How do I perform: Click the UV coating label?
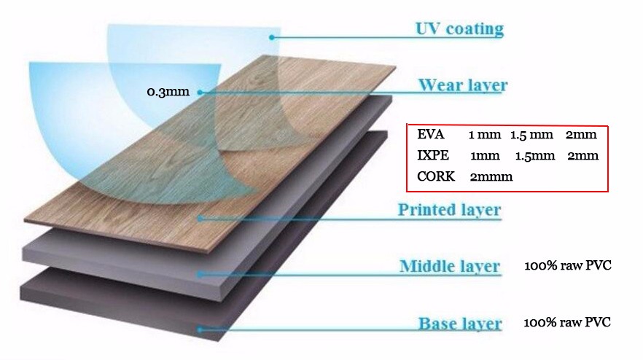pyautogui.click(x=460, y=29)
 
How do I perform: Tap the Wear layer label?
pyautogui.click(x=463, y=85)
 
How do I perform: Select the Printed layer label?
pyautogui.click(x=449, y=210)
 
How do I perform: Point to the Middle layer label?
pyautogui.click(x=450, y=266)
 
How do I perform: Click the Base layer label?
pyautogui.click(x=460, y=324)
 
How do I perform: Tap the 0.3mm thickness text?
pyautogui.click(x=168, y=91)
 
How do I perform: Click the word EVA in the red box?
pyautogui.click(x=431, y=134)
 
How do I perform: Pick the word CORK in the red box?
pyautogui.click(x=436, y=176)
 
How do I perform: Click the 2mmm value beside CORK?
pyautogui.click(x=491, y=176)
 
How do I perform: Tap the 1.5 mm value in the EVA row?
pyautogui.click(x=531, y=135)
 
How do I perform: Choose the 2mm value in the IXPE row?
pyautogui.click(x=582, y=156)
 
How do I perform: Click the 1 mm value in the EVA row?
pyautogui.click(x=485, y=135)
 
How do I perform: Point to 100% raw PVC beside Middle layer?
pyautogui.click(x=568, y=265)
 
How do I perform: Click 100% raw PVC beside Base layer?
pyautogui.click(x=567, y=322)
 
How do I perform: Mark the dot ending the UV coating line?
pyautogui.click(x=271, y=37)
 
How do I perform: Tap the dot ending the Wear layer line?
pyautogui.click(x=200, y=93)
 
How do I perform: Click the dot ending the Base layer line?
pyautogui.click(x=200, y=329)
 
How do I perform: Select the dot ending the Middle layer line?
pyautogui.click(x=200, y=274)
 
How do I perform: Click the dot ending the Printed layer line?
pyautogui.click(x=200, y=219)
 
